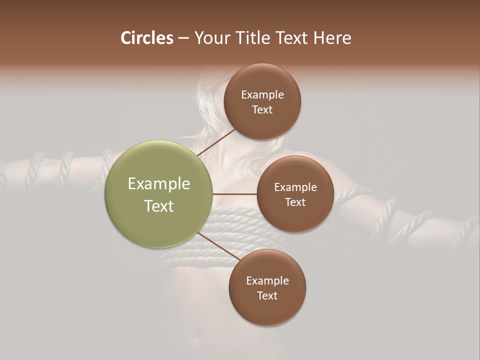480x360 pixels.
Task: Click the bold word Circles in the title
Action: click(x=147, y=38)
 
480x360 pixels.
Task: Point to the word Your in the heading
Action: click(x=212, y=38)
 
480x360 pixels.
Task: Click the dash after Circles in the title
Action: click(x=183, y=38)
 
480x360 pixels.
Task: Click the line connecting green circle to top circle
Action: click(x=216, y=142)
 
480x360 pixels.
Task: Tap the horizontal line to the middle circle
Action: click(x=235, y=194)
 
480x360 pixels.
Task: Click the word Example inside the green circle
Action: click(x=159, y=184)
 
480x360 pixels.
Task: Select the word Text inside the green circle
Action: click(x=159, y=206)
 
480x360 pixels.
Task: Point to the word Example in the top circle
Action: click(x=262, y=95)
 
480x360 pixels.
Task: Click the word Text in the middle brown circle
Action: click(x=295, y=202)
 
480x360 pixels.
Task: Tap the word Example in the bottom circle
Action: click(x=267, y=280)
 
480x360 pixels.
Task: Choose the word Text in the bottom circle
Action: click(x=267, y=295)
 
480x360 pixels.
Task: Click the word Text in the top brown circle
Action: click(x=262, y=109)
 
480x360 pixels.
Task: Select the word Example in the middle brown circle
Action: click(x=295, y=187)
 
